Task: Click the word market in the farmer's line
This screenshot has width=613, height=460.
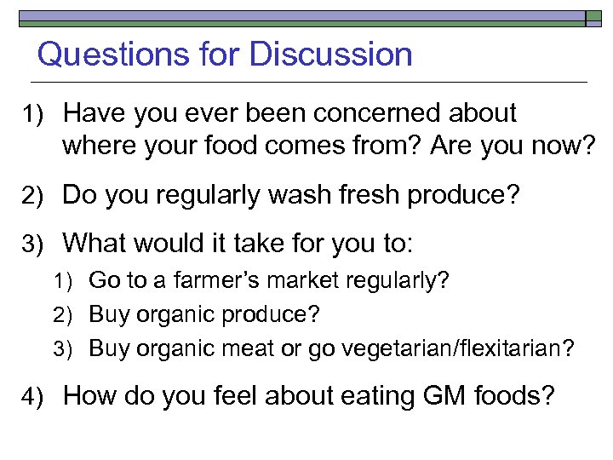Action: click(289, 280)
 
